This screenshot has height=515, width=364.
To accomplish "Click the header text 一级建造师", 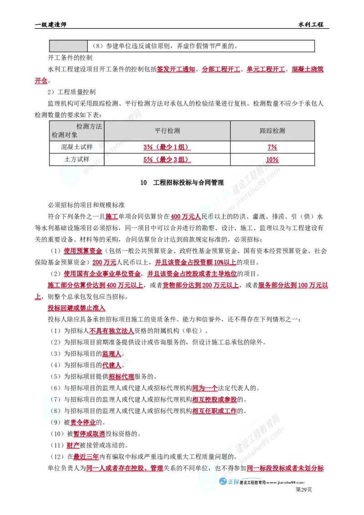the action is (x=51, y=25).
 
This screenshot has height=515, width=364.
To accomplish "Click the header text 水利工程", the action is (x=311, y=25).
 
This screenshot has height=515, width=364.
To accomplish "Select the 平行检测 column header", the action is (x=167, y=131).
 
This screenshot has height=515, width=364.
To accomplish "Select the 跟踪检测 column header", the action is (x=273, y=131).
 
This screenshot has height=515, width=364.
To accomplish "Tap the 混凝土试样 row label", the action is (x=77, y=147).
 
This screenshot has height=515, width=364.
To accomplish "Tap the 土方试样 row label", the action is (x=77, y=159).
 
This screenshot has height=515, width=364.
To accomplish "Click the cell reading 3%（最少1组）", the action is (x=167, y=147).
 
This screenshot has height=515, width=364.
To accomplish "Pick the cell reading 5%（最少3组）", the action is (x=167, y=159).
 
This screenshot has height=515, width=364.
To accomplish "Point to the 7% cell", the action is (x=273, y=147).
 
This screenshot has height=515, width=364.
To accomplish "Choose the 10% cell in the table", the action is (x=273, y=159).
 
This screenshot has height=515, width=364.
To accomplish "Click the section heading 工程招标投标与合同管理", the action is (x=188, y=182).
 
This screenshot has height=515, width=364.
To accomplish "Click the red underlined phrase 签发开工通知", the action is (x=176, y=69).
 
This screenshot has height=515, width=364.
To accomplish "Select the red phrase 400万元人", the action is (x=186, y=217).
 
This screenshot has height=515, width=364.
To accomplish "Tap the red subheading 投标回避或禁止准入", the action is (x=76, y=308).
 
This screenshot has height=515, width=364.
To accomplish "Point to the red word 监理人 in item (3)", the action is (x=111, y=354).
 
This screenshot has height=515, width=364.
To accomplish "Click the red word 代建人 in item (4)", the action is (x=111, y=365).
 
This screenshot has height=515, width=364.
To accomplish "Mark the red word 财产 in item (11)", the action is (x=73, y=445).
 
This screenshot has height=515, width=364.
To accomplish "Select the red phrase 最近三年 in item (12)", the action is (x=86, y=457).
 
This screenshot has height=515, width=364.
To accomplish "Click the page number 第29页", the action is (x=303, y=490).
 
